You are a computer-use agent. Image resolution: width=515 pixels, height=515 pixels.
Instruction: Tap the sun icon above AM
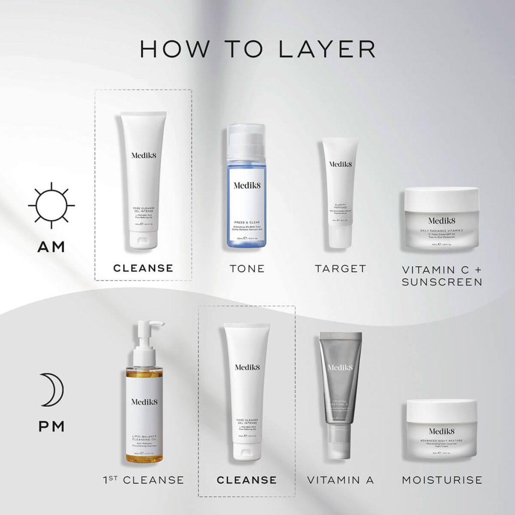[x=51, y=205]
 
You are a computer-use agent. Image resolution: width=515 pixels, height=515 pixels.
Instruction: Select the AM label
[x=51, y=247]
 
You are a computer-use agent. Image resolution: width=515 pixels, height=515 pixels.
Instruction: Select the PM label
[x=51, y=427]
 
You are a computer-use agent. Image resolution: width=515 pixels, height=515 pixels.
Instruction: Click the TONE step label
[x=246, y=269]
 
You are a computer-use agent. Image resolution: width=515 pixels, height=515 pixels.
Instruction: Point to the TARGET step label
[x=340, y=269]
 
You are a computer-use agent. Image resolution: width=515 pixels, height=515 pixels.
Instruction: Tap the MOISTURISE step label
[x=442, y=480]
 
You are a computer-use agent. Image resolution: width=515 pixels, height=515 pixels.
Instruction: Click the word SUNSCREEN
[x=442, y=282]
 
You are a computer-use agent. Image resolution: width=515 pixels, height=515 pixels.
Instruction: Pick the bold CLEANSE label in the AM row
[x=143, y=268]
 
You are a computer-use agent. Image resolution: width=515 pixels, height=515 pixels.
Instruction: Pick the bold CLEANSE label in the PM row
[x=246, y=480]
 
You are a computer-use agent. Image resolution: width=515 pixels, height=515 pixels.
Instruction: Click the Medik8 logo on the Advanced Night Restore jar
[x=442, y=431]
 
